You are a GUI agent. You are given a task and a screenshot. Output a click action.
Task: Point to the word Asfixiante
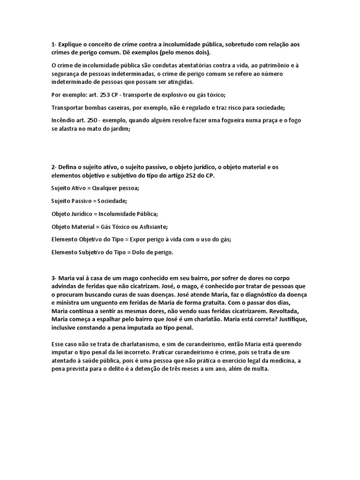[x=151, y=226]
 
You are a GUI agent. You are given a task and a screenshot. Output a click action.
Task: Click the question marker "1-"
[x=54, y=44]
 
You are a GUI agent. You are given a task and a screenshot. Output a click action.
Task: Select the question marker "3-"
[x=54, y=277]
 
